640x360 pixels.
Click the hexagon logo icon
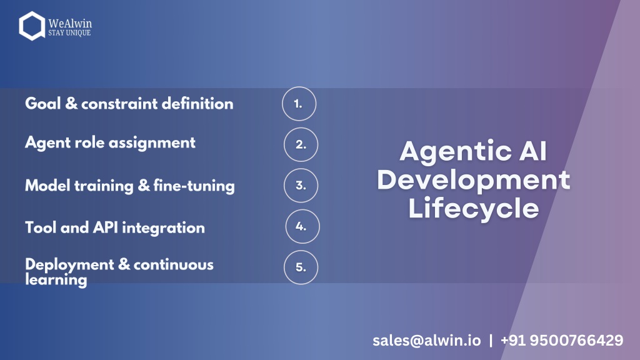tap(21, 26)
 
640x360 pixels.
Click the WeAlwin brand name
tap(70, 23)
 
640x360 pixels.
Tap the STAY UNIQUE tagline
tap(69, 32)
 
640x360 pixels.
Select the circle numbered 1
tap(299, 87)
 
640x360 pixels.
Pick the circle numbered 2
tap(301, 127)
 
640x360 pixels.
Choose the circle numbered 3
tap(301, 169)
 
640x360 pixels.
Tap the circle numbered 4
tap(302, 210)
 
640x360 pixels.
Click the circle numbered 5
tap(301, 251)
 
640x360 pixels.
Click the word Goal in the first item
tap(43, 104)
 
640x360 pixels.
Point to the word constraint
tap(119, 104)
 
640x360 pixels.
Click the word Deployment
tap(69, 265)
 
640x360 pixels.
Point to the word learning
tap(56, 280)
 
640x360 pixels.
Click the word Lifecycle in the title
tap(474, 208)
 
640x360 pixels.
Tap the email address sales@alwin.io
tap(426, 341)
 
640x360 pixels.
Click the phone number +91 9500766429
tap(562, 341)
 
